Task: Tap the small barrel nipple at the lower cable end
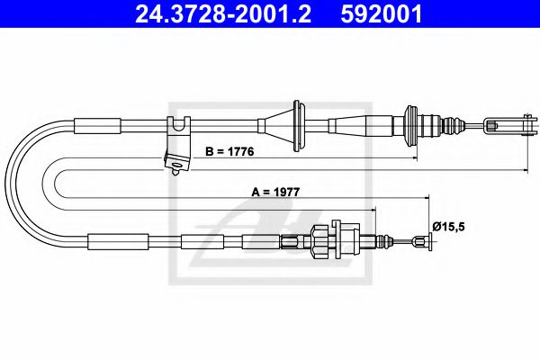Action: point(419,239)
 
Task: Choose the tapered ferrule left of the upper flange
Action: point(365,123)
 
